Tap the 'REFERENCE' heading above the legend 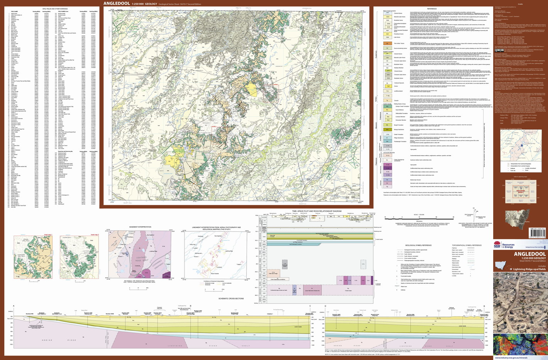point(432,9)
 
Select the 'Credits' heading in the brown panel point(520,4)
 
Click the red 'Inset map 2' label point(94,234)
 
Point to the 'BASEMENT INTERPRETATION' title point(140,227)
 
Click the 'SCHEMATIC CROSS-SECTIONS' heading point(231,299)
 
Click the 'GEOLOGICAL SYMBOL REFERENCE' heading point(418,245)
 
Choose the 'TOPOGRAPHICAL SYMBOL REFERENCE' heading point(467,245)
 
